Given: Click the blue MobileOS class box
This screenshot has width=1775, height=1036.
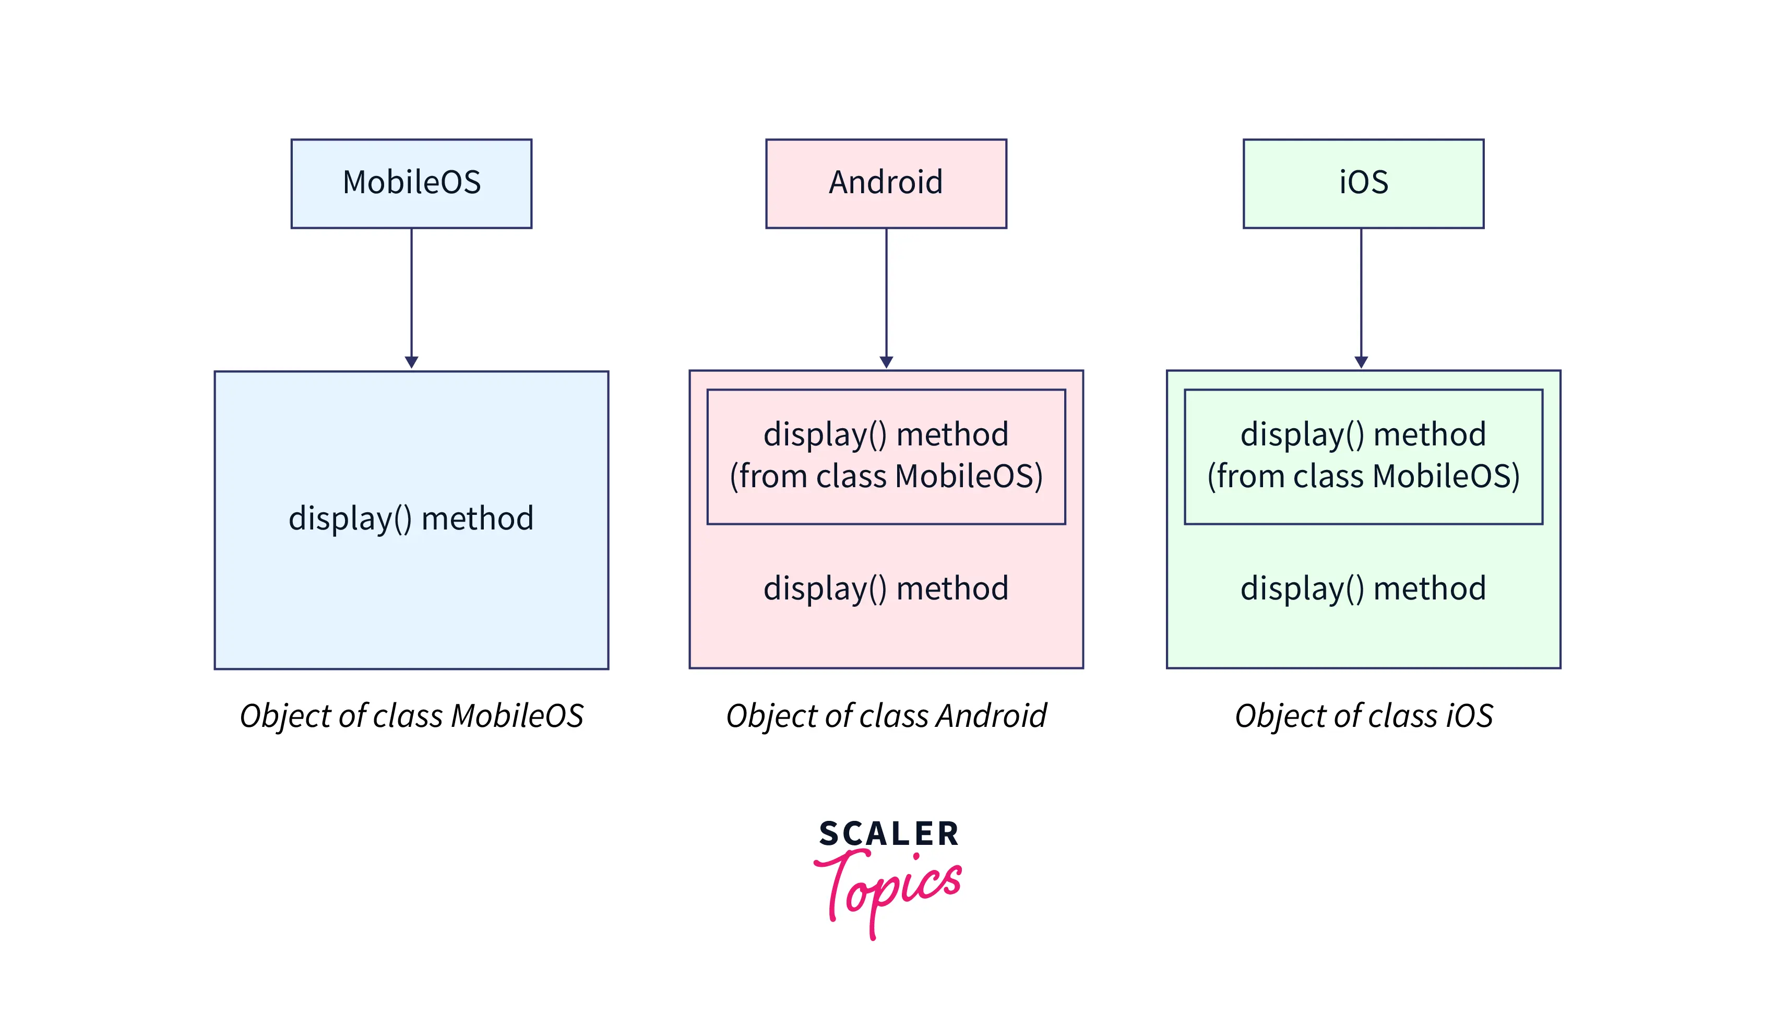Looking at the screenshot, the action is point(411,183).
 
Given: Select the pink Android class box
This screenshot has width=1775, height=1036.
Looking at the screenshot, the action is point(886,183).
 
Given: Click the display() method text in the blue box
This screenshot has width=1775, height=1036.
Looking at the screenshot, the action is point(411,519).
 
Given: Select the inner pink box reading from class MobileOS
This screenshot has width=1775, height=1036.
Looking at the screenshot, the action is point(886,457).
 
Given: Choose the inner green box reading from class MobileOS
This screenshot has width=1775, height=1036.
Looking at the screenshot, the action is point(1364,457).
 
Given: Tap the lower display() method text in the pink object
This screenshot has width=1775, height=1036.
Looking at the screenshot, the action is point(886,588).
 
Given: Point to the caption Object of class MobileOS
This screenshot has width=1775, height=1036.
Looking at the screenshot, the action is point(411,716).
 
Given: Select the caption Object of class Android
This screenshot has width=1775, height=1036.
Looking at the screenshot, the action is point(886,716).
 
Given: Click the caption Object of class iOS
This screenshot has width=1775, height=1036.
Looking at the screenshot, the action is point(1364,716).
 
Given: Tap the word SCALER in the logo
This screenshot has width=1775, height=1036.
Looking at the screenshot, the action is point(888,834).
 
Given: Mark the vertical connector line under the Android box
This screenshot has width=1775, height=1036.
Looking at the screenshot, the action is point(886,292).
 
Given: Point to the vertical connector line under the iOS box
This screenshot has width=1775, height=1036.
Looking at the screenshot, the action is point(1361,292).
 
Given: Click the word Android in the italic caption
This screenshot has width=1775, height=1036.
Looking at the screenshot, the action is point(992,715).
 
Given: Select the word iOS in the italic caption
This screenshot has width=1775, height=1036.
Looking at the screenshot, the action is point(1469,715).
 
